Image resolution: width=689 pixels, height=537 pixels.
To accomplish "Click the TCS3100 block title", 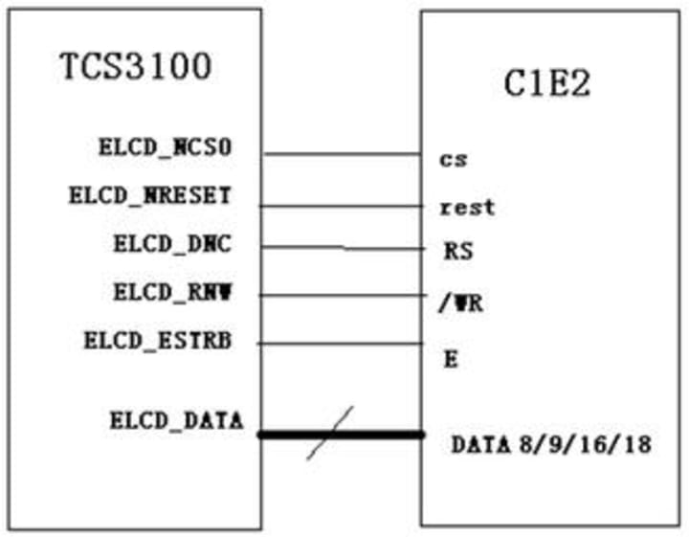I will (x=136, y=68).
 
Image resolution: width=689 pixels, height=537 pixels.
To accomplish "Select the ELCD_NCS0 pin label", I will (x=165, y=148).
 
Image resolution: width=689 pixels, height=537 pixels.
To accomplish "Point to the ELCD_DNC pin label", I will (x=172, y=244).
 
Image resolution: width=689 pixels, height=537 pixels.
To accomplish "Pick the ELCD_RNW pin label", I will (x=172, y=293).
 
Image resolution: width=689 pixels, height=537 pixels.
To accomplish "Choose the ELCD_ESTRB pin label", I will (x=157, y=340).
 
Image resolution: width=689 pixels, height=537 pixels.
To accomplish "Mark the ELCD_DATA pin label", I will (x=176, y=419).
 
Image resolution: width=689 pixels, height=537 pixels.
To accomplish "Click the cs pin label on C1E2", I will (x=453, y=159).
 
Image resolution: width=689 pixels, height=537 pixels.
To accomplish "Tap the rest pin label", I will (x=467, y=207).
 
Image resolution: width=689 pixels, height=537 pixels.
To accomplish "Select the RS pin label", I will (x=458, y=252).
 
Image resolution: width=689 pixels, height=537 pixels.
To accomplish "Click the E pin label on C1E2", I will (x=451, y=360).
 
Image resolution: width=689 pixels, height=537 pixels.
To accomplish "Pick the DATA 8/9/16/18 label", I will (x=551, y=445).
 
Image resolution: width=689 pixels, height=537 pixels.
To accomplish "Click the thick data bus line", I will (x=383, y=435).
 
